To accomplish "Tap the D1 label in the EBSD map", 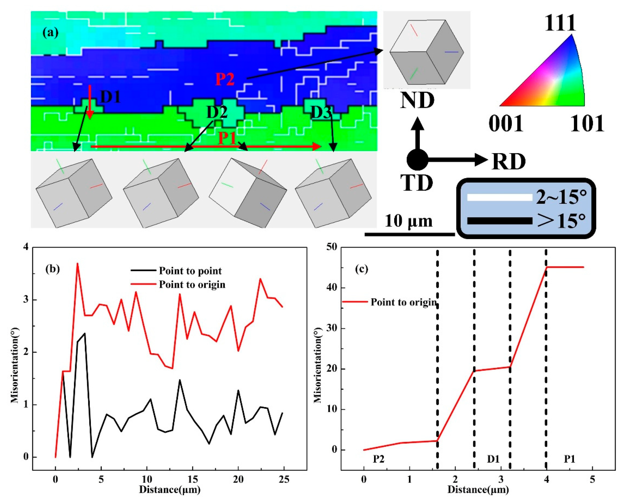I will click(x=110, y=97).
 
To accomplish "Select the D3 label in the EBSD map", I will click(x=321, y=113).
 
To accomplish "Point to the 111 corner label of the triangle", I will click(x=560, y=23).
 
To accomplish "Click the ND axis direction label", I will click(x=417, y=101).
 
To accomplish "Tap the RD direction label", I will click(x=509, y=162).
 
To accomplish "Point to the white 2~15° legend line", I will click(x=499, y=197).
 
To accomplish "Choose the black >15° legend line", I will click(x=499, y=221).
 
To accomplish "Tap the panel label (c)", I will click(x=362, y=269).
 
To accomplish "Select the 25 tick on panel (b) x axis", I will click(x=284, y=479).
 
